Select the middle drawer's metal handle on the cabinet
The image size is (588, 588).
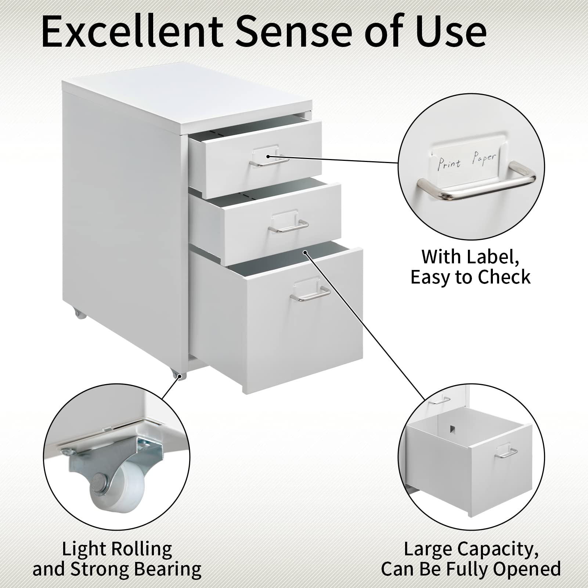tap(288, 227)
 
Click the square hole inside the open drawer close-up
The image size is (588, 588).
tap(453, 429)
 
